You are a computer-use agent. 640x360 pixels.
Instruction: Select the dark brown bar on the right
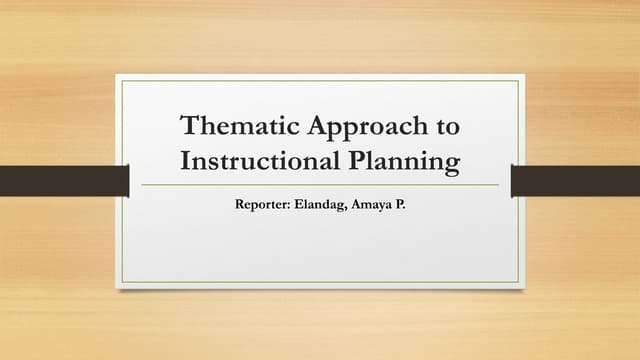click(x=575, y=181)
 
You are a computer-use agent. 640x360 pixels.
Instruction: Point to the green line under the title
click(x=320, y=185)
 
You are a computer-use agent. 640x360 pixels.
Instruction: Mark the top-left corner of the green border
click(x=122, y=81)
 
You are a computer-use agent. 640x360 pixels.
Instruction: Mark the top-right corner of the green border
click(x=518, y=81)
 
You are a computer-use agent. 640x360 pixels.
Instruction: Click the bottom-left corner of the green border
click(x=122, y=282)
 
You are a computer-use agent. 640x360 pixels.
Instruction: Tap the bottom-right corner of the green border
click(x=518, y=282)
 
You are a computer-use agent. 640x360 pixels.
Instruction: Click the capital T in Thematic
click(x=187, y=127)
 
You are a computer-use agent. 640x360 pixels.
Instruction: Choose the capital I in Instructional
click(x=182, y=160)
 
